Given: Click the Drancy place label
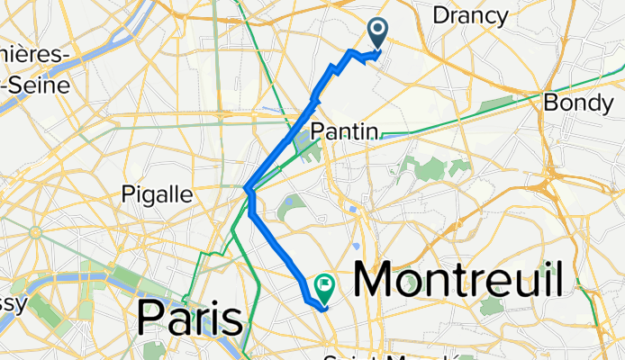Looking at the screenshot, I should pyautogui.click(x=470, y=14).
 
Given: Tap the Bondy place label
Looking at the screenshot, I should pyautogui.click(x=578, y=103).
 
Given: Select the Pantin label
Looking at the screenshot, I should pyautogui.click(x=343, y=131).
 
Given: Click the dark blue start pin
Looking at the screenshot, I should pyautogui.click(x=376, y=34).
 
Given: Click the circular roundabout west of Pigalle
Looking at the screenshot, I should pyautogui.click(x=36, y=232).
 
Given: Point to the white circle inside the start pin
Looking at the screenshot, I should pyautogui.click(x=376, y=31).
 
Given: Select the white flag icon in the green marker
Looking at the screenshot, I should pyautogui.click(x=322, y=284).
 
